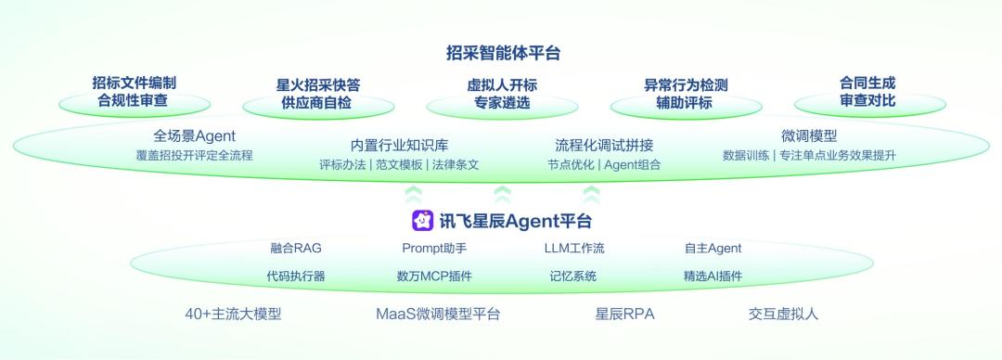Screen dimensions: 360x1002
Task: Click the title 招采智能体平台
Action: [502, 53]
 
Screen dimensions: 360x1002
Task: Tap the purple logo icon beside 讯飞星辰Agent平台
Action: [422, 221]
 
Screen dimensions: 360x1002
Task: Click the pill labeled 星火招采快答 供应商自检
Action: [317, 94]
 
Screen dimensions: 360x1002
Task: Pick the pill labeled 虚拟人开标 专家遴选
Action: [501, 94]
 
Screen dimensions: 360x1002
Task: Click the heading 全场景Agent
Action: [194, 136]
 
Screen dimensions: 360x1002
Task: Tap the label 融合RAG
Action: [296, 248]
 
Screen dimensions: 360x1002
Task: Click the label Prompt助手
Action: [434, 248]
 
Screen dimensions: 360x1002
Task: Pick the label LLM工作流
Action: [573, 248]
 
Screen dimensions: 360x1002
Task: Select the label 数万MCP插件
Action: [434, 276]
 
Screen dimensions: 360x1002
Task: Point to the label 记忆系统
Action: [572, 276]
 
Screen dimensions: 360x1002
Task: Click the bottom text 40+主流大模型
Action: [233, 314]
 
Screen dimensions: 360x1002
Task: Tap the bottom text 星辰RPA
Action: [624, 314]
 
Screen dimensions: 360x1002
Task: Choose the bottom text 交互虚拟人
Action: [783, 314]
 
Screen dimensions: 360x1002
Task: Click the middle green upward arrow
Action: [502, 194]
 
